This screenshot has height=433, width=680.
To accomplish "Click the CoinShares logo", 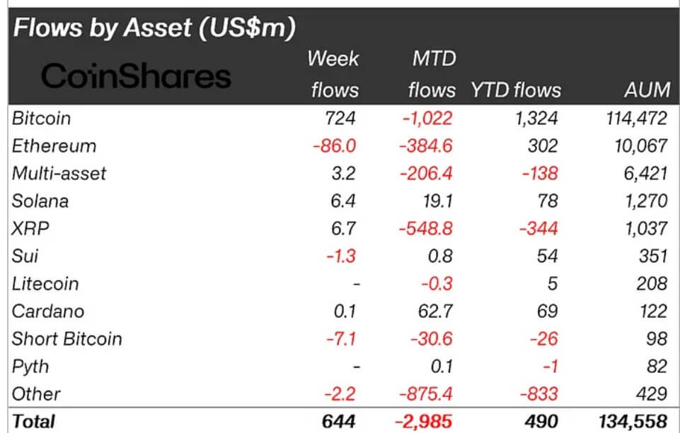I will click(x=136, y=76).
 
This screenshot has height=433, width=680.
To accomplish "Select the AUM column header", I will click(x=647, y=90).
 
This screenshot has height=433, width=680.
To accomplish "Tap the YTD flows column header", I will click(x=515, y=90).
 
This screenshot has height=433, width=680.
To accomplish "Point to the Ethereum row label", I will click(x=54, y=146).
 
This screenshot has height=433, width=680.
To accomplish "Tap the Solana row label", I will click(x=40, y=201).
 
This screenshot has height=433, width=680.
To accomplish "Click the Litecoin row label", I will click(x=45, y=283).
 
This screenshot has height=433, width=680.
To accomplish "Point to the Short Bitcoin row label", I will click(x=67, y=338).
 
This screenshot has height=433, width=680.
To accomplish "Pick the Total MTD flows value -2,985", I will click(x=422, y=422).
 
